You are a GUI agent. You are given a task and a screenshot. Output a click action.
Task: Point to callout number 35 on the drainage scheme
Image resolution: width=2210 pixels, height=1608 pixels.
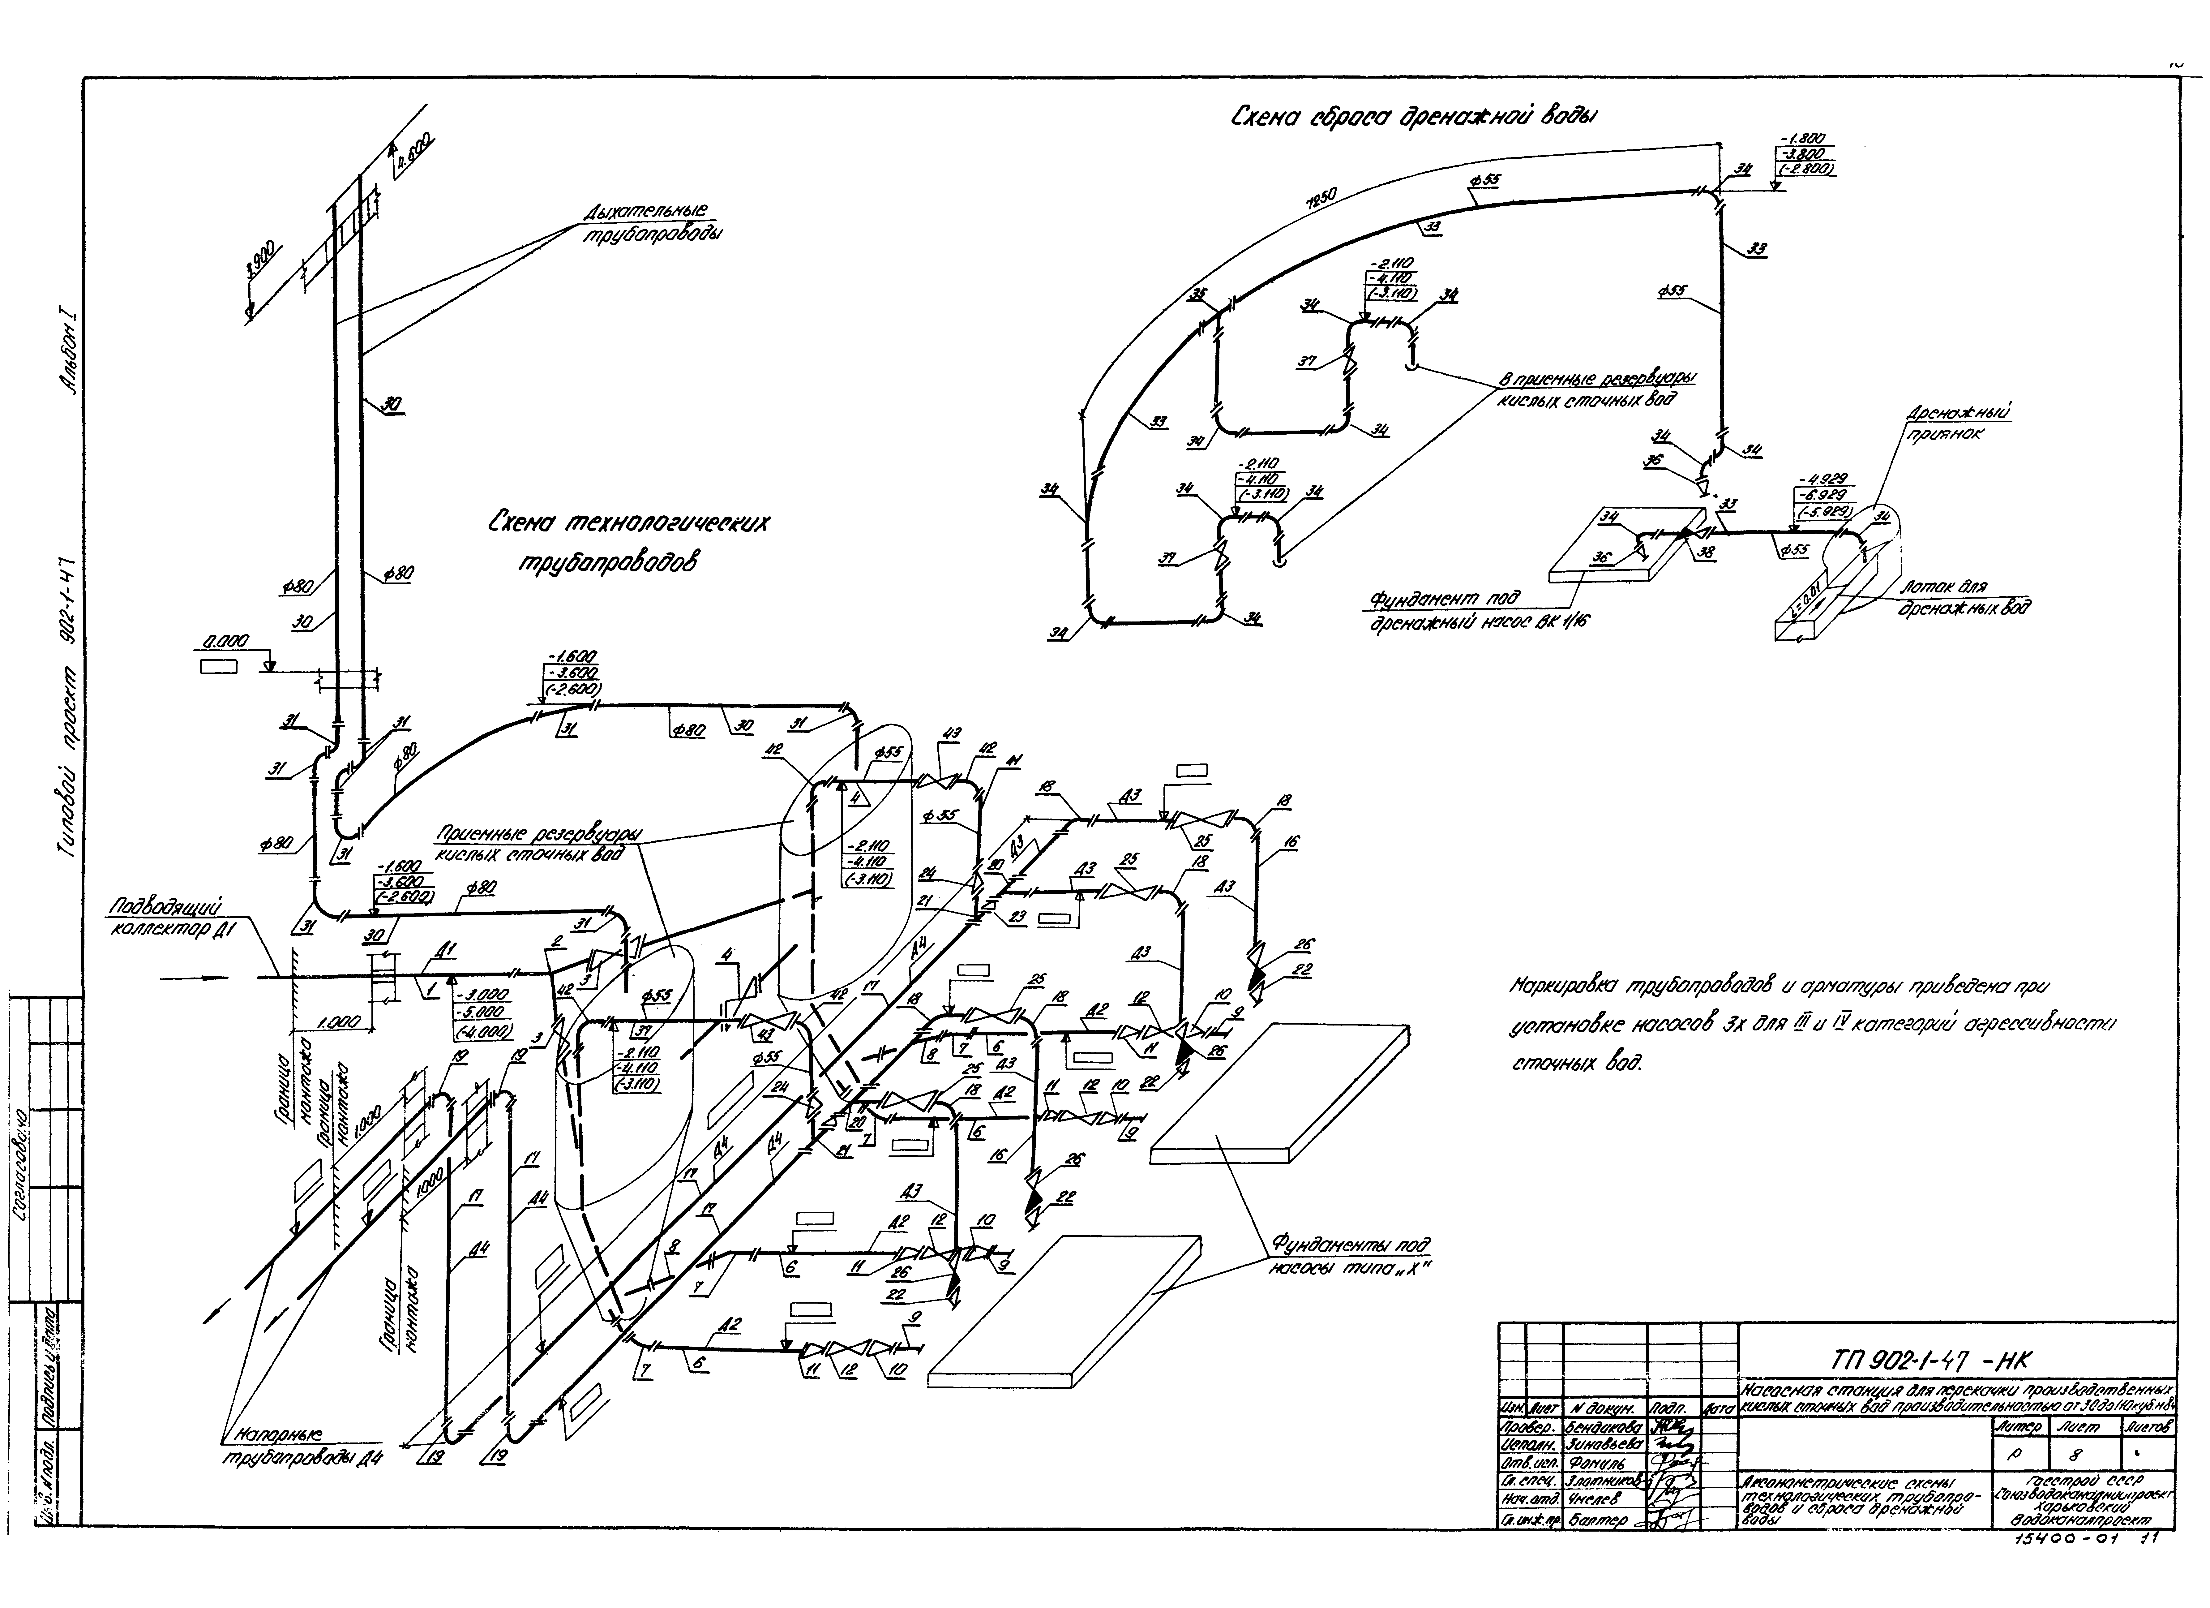click(x=1197, y=295)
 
